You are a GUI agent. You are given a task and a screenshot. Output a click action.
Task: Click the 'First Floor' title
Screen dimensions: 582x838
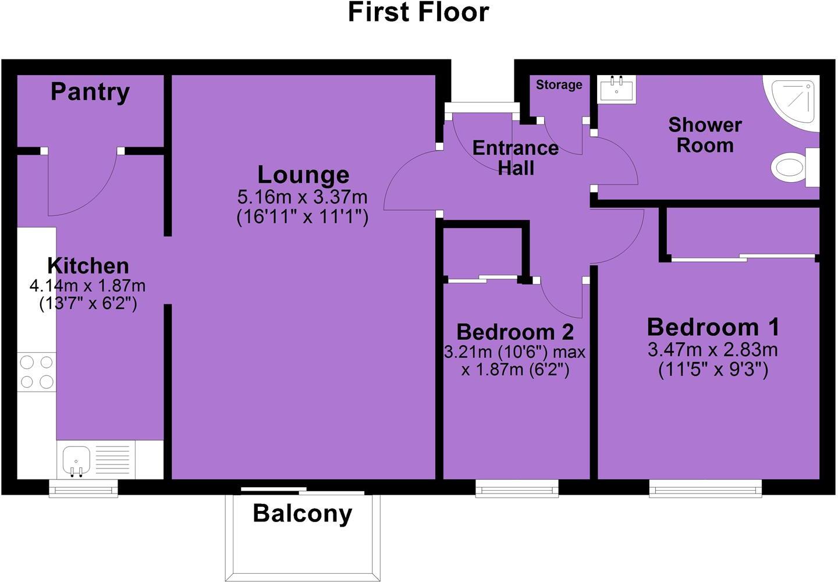click(418, 13)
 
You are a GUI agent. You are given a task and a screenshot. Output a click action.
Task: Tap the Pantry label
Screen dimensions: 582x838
click(90, 92)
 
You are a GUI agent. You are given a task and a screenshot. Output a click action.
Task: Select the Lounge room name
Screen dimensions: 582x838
click(303, 175)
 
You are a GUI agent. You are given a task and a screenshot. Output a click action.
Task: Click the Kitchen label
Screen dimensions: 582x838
click(88, 265)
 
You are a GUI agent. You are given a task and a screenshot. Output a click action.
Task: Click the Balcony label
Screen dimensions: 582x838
click(303, 513)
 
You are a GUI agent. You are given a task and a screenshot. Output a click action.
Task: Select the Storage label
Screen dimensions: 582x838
click(559, 85)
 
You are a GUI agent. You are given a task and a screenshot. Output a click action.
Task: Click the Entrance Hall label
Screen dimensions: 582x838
click(516, 158)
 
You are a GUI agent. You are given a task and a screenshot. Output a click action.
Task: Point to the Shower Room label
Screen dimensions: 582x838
click(705, 134)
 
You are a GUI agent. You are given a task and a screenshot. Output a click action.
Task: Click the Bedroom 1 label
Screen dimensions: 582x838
click(713, 327)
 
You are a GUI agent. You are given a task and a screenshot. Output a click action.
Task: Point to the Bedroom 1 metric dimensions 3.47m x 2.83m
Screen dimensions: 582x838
click(713, 350)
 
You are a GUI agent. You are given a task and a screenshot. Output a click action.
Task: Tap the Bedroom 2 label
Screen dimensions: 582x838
click(515, 332)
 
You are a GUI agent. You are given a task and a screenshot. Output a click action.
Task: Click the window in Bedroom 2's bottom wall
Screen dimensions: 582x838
click(517, 488)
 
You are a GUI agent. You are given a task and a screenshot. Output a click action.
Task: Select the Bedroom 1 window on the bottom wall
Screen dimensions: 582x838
click(705, 488)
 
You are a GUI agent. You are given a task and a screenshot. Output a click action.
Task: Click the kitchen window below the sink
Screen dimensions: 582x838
click(83, 488)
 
